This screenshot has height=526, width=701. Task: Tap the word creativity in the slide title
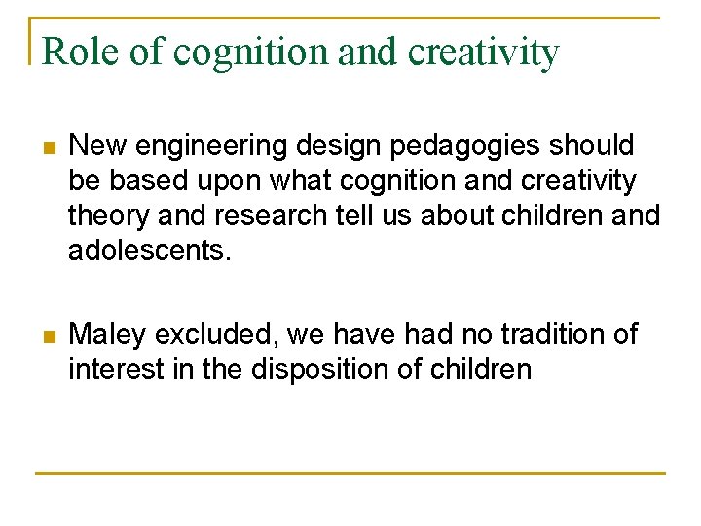(x=484, y=53)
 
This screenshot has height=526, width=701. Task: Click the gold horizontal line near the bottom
(x=350, y=473)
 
